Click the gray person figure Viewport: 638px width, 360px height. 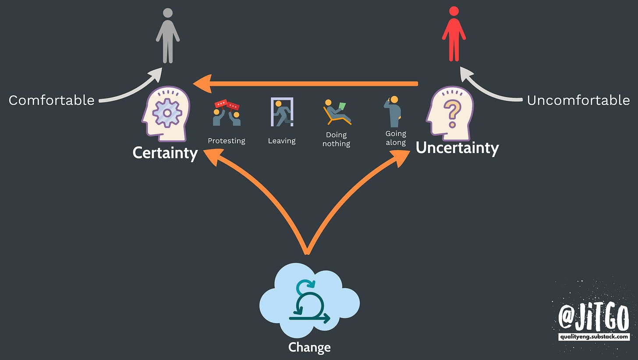pos(167,36)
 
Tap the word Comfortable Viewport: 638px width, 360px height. pos(52,100)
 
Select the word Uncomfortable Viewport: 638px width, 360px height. pos(578,100)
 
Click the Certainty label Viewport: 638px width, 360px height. pos(165,153)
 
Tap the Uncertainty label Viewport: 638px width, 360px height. pos(457,148)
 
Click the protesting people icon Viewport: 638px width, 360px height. pos(227,114)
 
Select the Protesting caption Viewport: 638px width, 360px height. pos(227,141)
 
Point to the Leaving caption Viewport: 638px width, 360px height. pos(282,141)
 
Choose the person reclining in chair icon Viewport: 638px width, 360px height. pos(337,113)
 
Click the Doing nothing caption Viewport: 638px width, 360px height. pos(337,139)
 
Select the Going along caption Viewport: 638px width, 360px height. pos(396,138)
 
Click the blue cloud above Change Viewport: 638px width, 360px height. pos(309,303)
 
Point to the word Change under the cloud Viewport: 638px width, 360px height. pos(309,348)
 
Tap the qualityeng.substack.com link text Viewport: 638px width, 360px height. pos(594,337)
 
